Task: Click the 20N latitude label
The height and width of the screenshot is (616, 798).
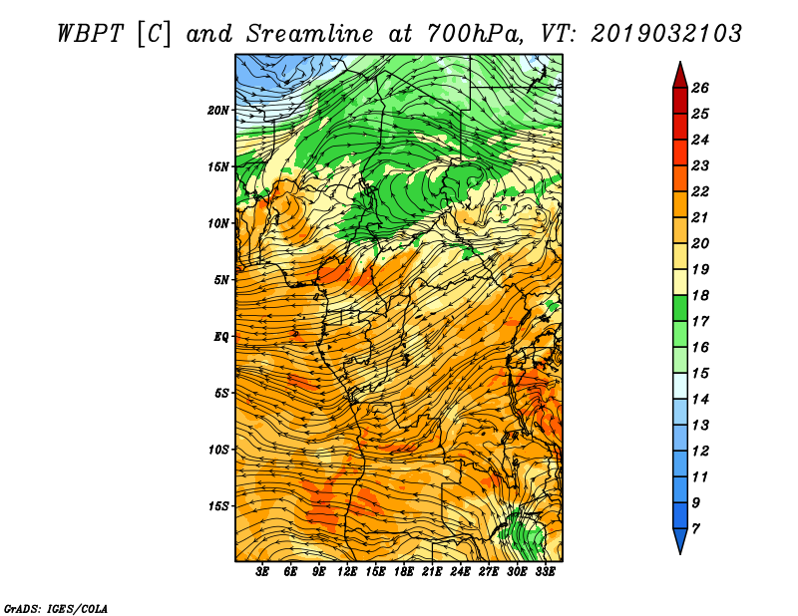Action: (x=218, y=110)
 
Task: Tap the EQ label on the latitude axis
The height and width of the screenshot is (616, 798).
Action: (x=221, y=336)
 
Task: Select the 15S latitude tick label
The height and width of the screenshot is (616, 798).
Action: (x=218, y=506)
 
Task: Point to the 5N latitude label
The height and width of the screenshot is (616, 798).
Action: (x=221, y=280)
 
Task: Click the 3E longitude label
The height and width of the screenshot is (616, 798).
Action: (x=262, y=572)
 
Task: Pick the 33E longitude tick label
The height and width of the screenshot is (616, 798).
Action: (x=545, y=572)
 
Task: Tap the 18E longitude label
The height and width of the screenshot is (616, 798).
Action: (x=404, y=572)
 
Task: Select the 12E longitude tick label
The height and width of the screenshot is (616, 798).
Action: (x=347, y=572)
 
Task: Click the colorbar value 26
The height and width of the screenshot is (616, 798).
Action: (x=700, y=88)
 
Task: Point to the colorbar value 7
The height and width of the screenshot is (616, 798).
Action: (x=695, y=529)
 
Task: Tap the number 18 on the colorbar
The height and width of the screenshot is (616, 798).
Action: (x=700, y=295)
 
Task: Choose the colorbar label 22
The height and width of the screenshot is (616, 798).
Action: (x=700, y=191)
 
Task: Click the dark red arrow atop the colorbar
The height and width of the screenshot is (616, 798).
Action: (x=680, y=77)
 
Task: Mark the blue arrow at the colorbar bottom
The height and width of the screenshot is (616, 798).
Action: (x=680, y=539)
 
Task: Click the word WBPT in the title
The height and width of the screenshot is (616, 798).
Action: (x=90, y=34)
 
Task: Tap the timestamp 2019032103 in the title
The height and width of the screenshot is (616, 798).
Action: (x=666, y=34)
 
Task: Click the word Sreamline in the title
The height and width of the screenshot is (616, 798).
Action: (x=310, y=34)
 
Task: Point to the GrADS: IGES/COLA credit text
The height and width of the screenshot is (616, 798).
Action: (x=56, y=608)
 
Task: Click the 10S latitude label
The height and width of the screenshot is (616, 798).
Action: (x=218, y=450)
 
